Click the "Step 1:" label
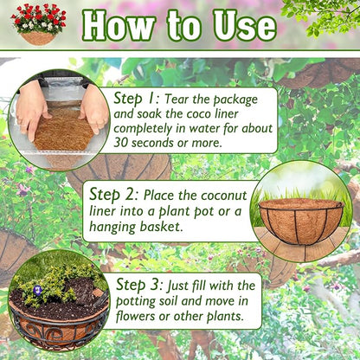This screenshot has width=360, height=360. coord(136,97)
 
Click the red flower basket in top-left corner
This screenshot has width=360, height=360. coord(38,23)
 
